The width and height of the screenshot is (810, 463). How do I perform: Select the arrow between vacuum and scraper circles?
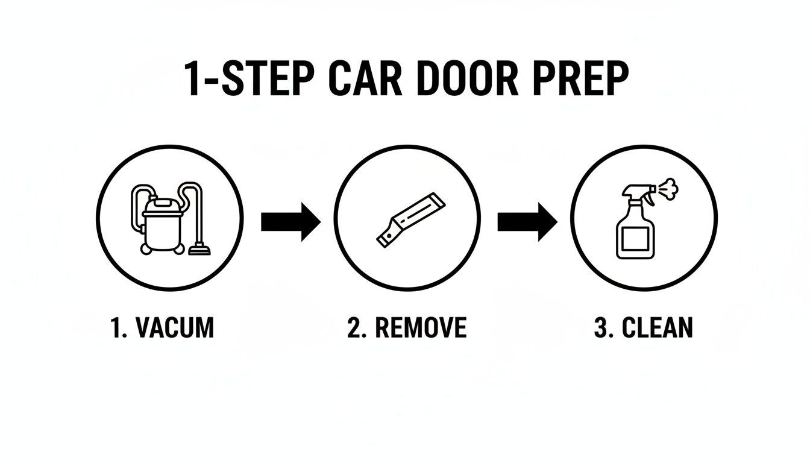click(x=290, y=221)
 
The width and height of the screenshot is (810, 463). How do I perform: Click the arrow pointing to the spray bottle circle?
click(x=527, y=221)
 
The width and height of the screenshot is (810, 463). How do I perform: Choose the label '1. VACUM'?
click(x=163, y=328)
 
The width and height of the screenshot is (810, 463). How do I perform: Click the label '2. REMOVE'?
click(x=407, y=328)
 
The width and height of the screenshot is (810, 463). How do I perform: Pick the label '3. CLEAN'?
click(x=643, y=328)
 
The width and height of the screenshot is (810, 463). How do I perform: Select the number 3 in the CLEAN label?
click(x=600, y=328)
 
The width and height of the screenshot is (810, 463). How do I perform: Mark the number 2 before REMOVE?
click(x=354, y=328)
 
